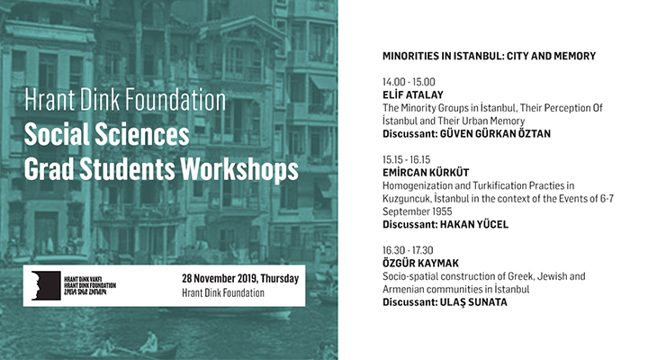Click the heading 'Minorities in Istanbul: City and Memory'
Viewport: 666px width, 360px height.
click(489, 56)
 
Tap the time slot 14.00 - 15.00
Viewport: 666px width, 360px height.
click(409, 82)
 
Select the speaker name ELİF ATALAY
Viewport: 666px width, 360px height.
click(413, 94)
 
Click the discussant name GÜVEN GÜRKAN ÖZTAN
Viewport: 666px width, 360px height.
click(495, 134)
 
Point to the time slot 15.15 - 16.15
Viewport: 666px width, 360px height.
click(406, 159)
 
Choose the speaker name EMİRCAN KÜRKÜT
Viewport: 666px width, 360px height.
click(426, 173)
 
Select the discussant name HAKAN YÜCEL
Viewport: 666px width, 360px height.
click(474, 224)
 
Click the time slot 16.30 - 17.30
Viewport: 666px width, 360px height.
click(408, 250)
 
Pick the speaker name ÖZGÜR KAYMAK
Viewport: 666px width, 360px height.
click(420, 263)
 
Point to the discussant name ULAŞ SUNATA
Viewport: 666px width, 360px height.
click(473, 302)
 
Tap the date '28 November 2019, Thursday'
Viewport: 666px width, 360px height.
click(240, 278)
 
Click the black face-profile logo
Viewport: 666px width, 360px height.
click(46, 285)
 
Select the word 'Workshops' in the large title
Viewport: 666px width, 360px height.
click(239, 170)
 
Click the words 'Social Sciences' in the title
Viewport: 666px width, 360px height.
click(106, 135)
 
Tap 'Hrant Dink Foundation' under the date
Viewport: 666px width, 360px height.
click(223, 292)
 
